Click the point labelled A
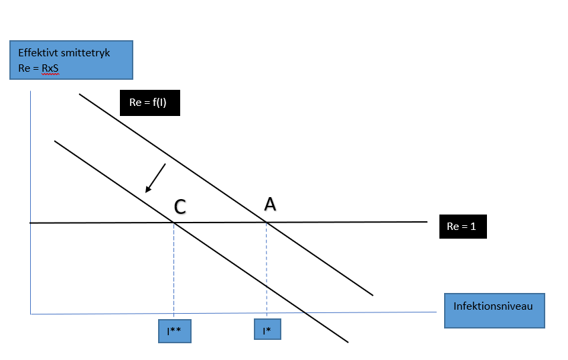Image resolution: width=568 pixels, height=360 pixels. (270, 204)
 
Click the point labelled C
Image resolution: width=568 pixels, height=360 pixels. (180, 207)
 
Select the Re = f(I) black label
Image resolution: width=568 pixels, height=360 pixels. (150, 103)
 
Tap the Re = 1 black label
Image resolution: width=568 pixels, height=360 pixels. (462, 227)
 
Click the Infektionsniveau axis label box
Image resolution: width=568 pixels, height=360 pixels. (494, 310)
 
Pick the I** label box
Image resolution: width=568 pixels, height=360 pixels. (174, 331)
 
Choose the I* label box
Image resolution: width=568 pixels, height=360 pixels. (267, 330)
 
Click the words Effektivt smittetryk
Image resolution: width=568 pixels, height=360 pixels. (60, 52)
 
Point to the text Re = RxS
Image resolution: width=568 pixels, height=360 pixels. (38, 67)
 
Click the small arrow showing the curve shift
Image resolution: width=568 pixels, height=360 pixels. (156, 178)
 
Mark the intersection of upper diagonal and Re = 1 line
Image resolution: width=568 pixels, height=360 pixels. (267, 222)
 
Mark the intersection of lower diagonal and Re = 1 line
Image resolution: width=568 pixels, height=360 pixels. (174, 222)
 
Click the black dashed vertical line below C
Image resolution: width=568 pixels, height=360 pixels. (174, 268)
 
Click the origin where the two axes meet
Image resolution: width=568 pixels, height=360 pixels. (31, 313)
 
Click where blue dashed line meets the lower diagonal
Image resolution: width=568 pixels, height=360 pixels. (267, 286)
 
